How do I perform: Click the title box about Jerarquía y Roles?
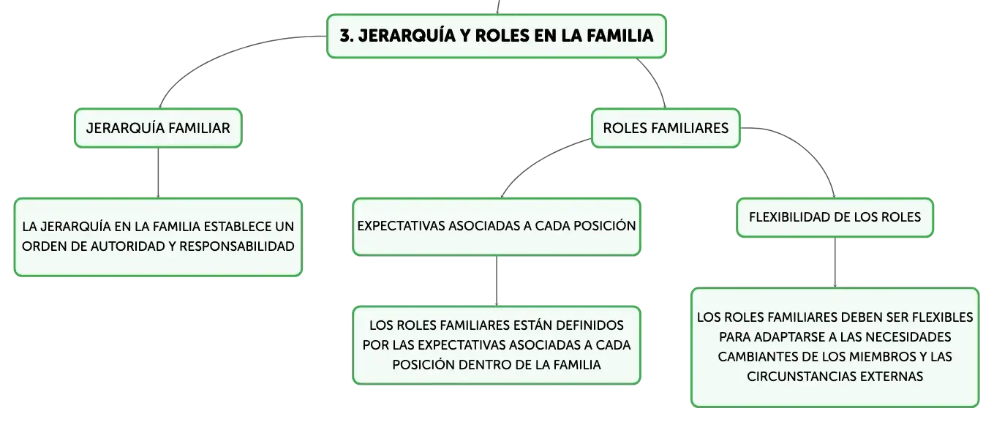click(497, 36)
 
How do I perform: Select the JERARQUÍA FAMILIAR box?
click(158, 128)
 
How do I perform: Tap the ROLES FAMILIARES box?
click(666, 128)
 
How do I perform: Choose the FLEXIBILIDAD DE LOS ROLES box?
click(835, 217)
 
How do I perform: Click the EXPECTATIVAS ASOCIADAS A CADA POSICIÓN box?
click(497, 227)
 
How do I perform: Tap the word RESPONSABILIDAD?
click(236, 246)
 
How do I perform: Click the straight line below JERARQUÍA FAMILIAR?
click(158, 173)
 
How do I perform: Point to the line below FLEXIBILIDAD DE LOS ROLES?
click(835, 263)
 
